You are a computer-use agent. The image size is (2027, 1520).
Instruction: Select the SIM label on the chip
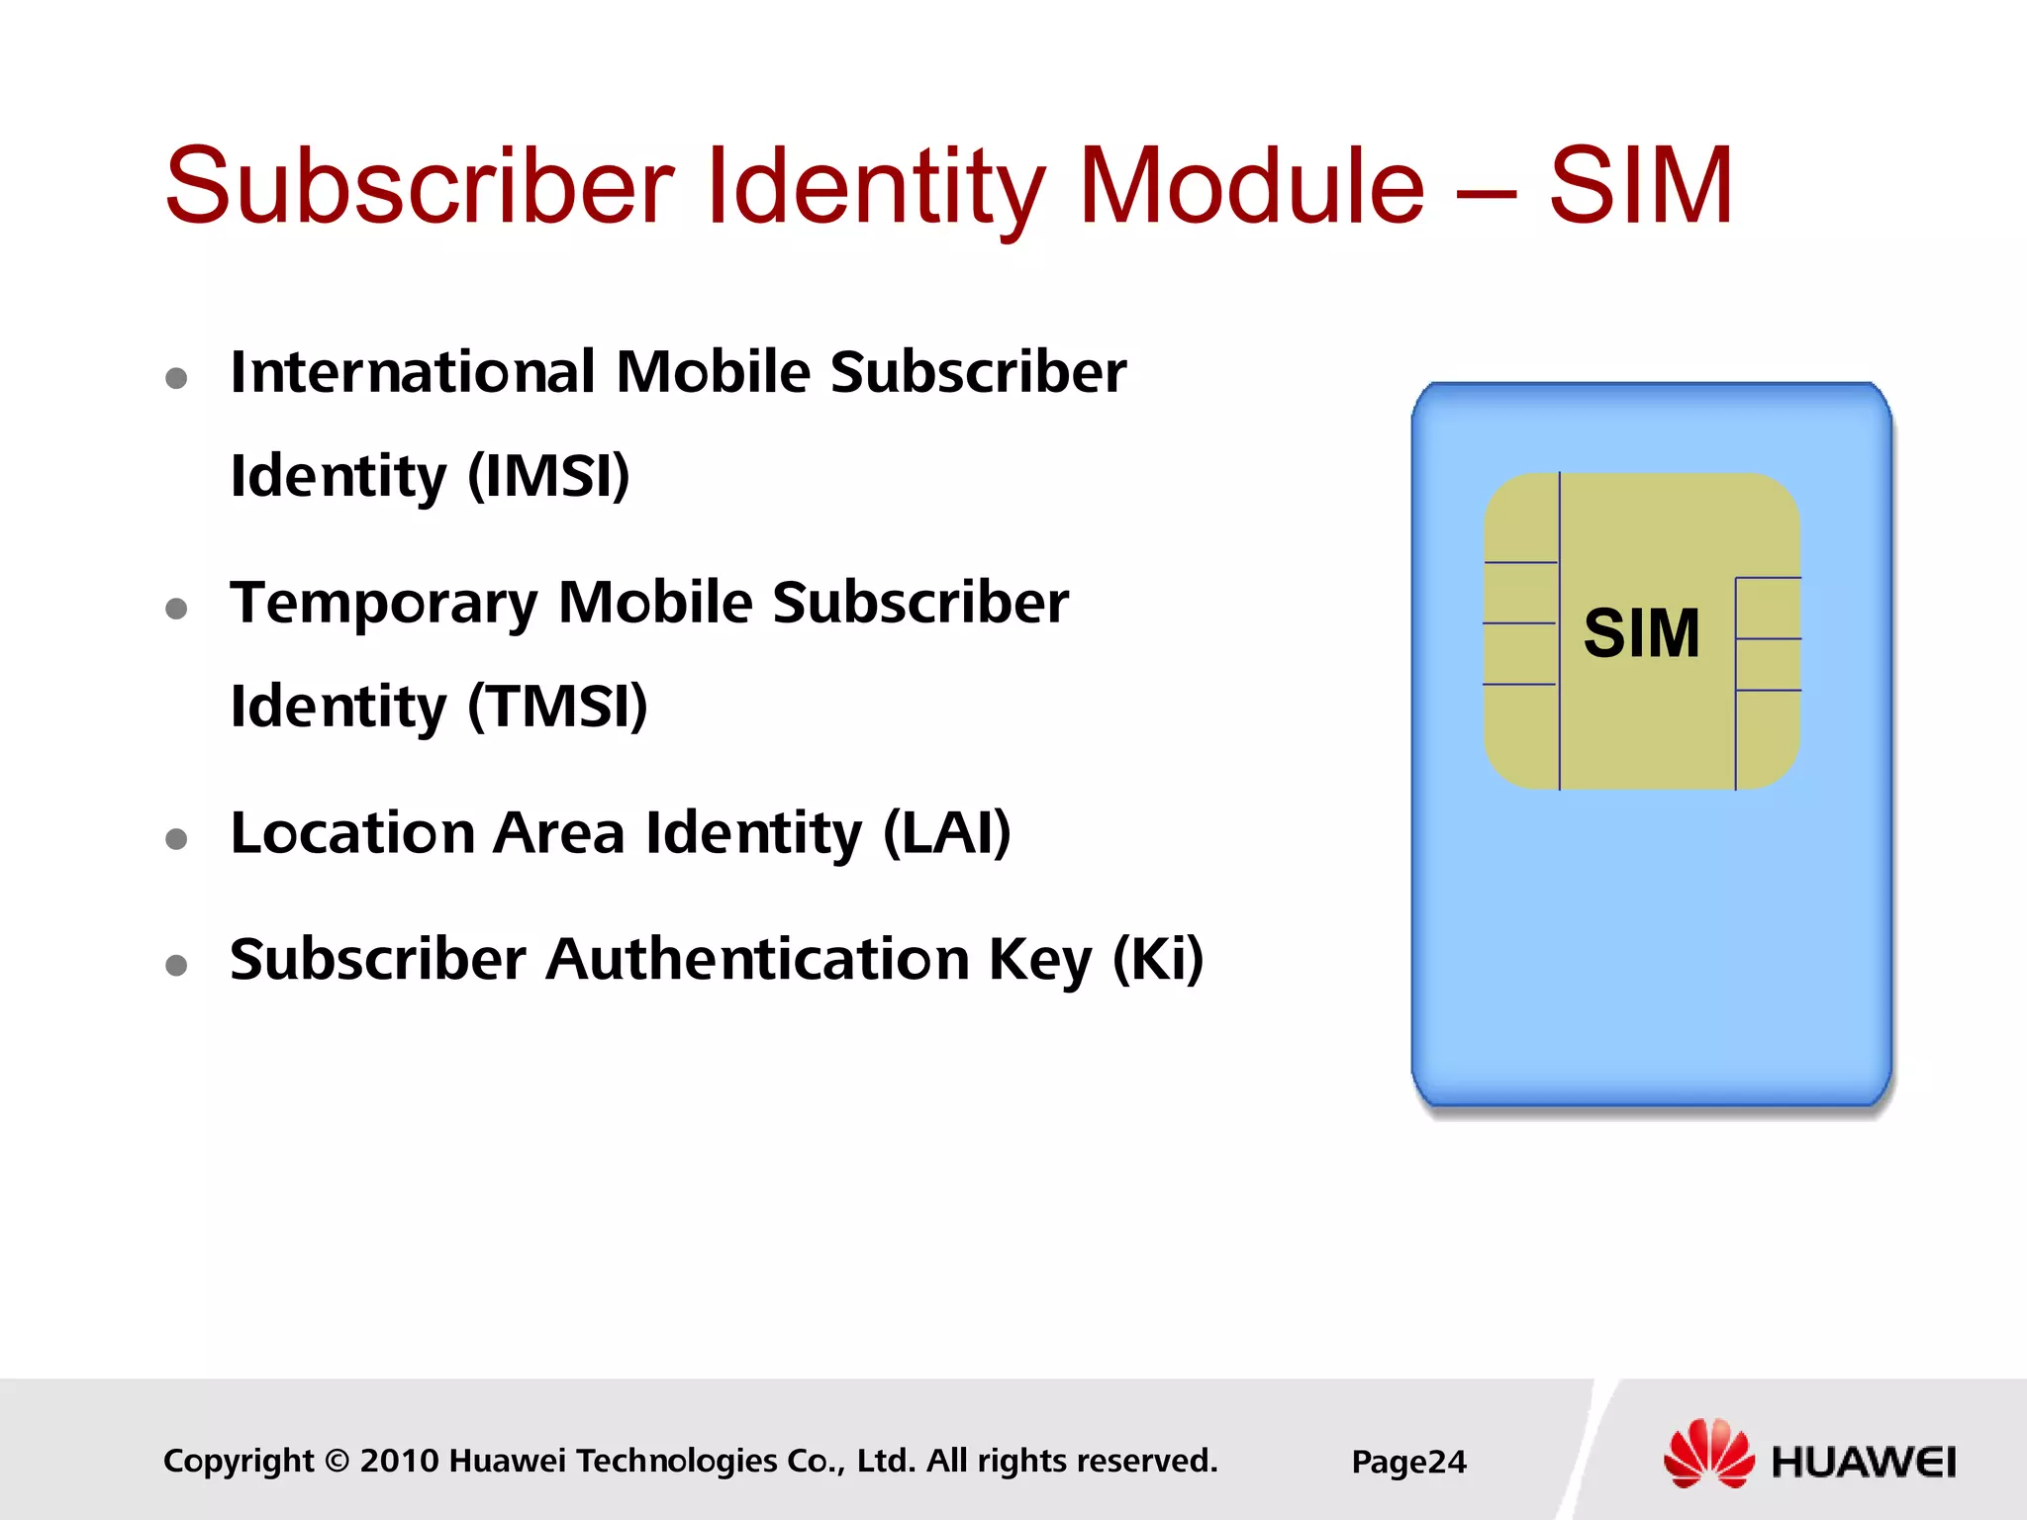tap(1642, 633)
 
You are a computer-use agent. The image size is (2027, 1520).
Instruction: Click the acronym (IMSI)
tap(548, 476)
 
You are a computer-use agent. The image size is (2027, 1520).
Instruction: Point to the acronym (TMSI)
tap(557, 707)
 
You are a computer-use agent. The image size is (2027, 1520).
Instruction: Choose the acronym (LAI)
tap(947, 833)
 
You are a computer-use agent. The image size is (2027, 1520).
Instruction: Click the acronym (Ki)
tap(1158, 959)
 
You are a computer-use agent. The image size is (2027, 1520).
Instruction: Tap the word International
tap(413, 372)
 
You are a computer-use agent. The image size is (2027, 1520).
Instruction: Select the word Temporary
tap(384, 603)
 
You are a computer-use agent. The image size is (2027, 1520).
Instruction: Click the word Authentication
tap(757, 959)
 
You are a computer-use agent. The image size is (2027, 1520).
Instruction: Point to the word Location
tap(352, 833)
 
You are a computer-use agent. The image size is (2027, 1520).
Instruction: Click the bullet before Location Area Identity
tap(177, 839)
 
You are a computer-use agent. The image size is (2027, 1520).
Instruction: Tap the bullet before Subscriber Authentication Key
tap(177, 965)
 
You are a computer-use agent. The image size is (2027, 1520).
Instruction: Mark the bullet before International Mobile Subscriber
tap(177, 378)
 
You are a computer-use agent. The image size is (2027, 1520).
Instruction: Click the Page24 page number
tap(1408, 1462)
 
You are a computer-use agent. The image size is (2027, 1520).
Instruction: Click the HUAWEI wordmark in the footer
tap(1863, 1463)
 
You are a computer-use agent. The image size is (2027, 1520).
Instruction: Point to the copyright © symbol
tap(337, 1462)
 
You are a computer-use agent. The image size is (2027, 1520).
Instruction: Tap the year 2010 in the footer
tap(399, 1462)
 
